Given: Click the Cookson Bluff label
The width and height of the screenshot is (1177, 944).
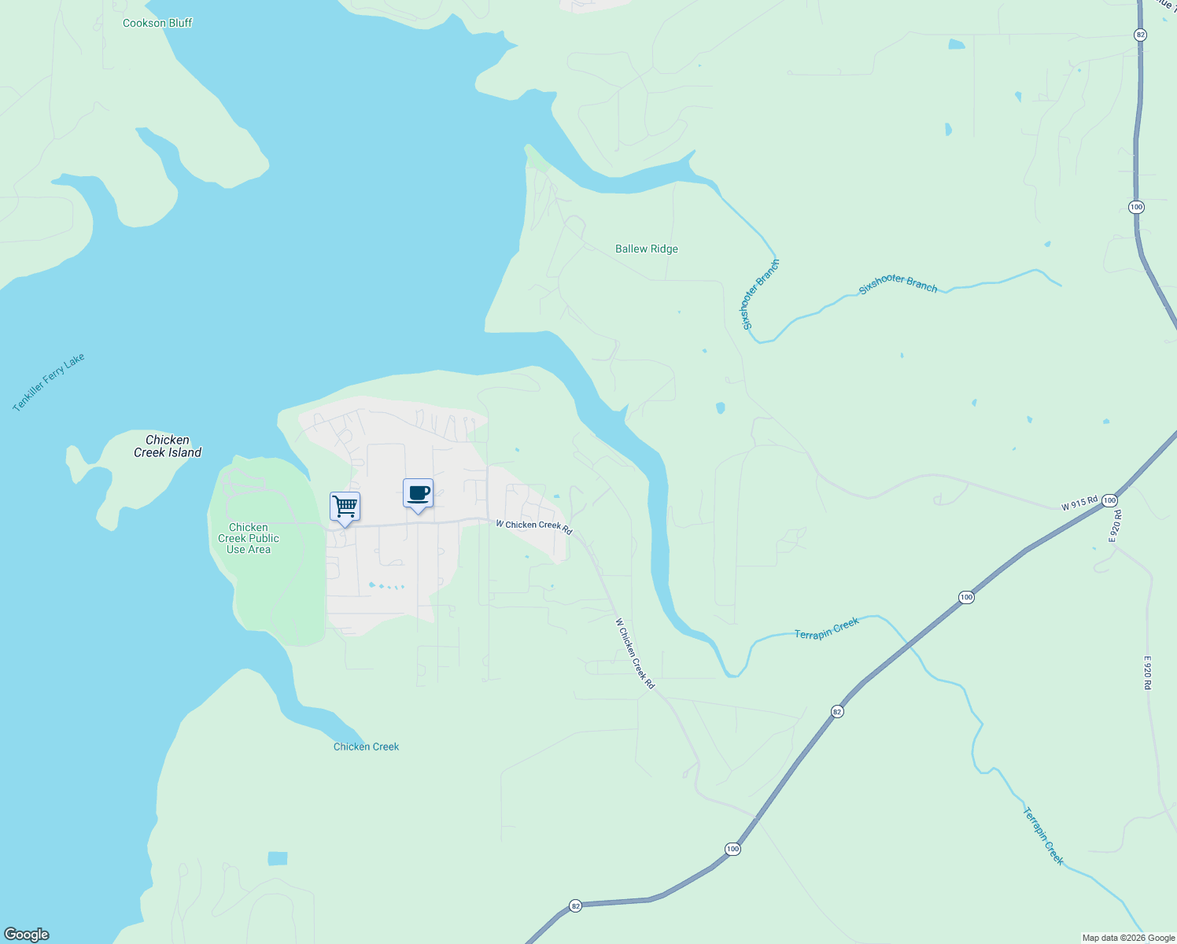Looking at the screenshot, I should coord(157,23).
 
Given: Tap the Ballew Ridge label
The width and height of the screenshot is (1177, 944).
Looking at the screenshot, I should coord(646,249).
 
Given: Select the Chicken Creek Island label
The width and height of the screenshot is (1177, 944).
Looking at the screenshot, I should coord(168,446).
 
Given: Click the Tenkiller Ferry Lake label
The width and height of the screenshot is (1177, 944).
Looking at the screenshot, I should coord(49,382).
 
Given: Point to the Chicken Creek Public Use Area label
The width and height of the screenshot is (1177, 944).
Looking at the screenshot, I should coord(249,538).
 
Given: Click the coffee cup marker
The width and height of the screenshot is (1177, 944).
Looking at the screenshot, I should coord(418,494).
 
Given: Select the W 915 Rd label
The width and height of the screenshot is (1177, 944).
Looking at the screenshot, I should coord(1079,503).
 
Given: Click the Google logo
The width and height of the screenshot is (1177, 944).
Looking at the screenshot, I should coord(27,935).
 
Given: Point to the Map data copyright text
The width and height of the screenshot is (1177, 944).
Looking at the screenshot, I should coord(1128,938).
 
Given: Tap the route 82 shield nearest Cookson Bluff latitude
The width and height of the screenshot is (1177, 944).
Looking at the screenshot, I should coord(1140,35).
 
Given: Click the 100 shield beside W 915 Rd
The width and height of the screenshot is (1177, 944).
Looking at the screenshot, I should coord(1109,500).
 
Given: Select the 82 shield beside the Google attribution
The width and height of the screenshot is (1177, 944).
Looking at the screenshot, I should coord(576,906).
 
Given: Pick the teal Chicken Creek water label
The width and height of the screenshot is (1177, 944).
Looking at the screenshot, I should coord(366,747).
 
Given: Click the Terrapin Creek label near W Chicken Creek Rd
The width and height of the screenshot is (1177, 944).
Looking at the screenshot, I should coord(826,629).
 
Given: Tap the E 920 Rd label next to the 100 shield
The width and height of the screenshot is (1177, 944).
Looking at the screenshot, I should coord(1116,525).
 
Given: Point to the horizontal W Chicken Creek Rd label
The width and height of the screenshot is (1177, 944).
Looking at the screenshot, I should coord(533,526).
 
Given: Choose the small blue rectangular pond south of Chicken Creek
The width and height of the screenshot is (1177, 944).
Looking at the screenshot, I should coord(278,858).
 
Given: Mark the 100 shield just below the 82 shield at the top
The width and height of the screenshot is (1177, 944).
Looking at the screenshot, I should coord(1136,207).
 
